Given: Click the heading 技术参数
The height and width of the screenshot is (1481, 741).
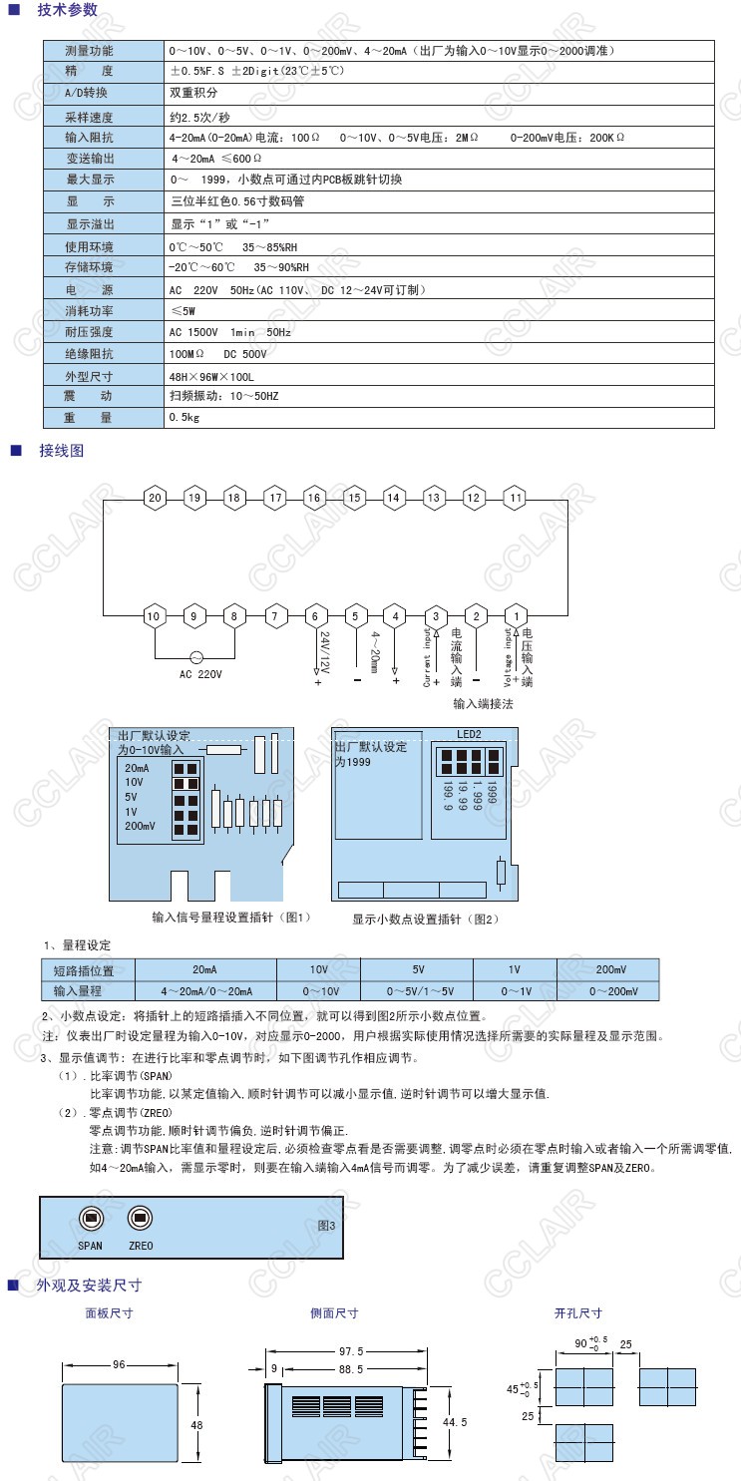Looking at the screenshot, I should pyautogui.click(x=69, y=10).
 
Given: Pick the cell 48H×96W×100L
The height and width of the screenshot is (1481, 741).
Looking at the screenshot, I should pyautogui.click(x=212, y=377).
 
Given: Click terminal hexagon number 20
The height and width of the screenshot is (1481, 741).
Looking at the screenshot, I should pyautogui.click(x=154, y=498).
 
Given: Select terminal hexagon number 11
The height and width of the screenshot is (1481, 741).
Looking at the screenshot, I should pyautogui.click(x=516, y=498).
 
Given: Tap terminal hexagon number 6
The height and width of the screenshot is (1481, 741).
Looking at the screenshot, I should pyautogui.click(x=315, y=616).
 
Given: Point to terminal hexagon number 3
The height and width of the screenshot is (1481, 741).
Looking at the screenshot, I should pyautogui.click(x=435, y=616).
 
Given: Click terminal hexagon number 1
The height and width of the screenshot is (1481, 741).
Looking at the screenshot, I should pyautogui.click(x=516, y=616).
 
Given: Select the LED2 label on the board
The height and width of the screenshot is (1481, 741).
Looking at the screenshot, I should pyautogui.click(x=469, y=734).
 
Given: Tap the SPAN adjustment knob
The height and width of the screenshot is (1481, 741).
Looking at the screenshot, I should pyautogui.click(x=91, y=1218).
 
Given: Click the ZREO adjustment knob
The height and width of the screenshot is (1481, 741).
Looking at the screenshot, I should pyautogui.click(x=141, y=1218).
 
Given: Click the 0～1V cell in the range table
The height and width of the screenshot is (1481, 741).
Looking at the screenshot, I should pyautogui.click(x=515, y=991).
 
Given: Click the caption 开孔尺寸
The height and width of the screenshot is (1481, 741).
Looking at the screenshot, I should pyautogui.click(x=578, y=1313).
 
